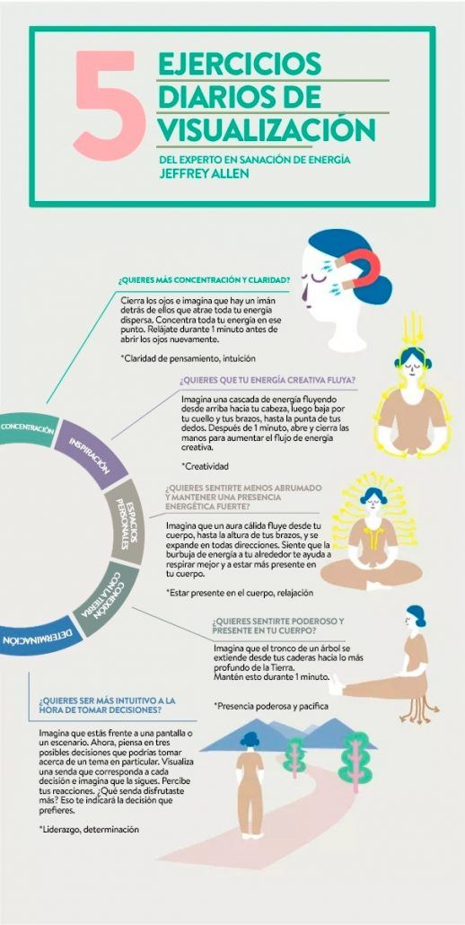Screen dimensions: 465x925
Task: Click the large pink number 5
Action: click(x=110, y=106)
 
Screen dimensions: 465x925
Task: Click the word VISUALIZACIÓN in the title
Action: click(x=267, y=128)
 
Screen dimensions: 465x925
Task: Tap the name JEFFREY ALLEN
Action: click(x=205, y=174)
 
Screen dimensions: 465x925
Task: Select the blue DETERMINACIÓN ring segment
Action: click(x=39, y=636)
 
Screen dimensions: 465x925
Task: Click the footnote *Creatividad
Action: click(x=206, y=466)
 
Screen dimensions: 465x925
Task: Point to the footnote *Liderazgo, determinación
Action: click(x=89, y=829)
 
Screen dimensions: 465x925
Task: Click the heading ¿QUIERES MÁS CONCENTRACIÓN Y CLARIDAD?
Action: click(x=204, y=279)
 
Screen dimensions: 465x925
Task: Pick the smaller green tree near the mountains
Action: click(x=294, y=757)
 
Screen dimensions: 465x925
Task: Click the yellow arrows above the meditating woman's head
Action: click(x=413, y=330)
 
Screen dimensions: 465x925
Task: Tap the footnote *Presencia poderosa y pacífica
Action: click(x=271, y=706)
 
